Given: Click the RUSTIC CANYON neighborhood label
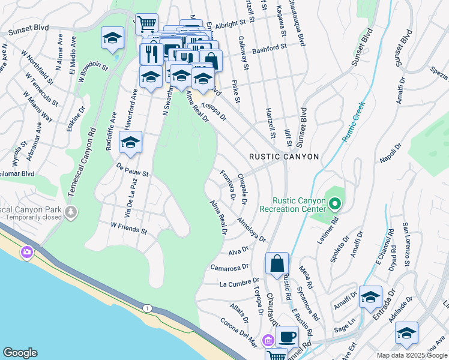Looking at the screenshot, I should tap(284, 157).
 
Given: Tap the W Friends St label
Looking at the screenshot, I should tap(129, 228).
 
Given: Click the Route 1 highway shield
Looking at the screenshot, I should tap(147, 308).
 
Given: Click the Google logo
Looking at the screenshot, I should tap(20, 352).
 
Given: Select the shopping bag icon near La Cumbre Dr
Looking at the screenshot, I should tap(277, 263).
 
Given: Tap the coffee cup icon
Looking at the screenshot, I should tap(288, 337).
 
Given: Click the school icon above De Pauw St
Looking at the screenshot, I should tap(130, 143).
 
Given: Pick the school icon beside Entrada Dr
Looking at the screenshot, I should tap(370, 297).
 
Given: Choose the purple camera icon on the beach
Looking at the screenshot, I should tap(27, 252).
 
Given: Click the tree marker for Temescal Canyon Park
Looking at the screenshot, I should tap(71, 212).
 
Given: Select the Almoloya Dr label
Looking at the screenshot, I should tap(251, 230).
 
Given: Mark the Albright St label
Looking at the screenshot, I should tap(231, 23).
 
